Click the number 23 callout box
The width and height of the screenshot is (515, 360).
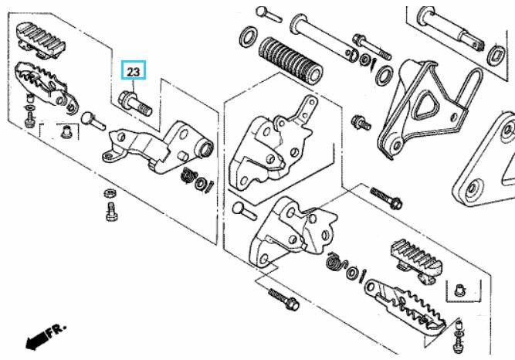coord(133,70)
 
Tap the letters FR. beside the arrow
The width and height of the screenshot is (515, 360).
coord(57,330)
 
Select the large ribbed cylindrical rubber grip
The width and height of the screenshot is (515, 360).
coord(290,62)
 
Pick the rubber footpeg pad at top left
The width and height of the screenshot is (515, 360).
coord(40,40)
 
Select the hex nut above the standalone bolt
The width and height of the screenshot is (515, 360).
coord(110,193)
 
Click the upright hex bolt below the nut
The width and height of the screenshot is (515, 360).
coord(111,212)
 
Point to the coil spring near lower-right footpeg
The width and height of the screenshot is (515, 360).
coord(335,262)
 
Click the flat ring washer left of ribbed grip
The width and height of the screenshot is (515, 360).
coord(249,36)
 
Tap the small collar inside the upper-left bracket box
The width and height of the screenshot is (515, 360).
coord(66,131)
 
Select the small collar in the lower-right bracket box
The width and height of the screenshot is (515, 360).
coord(459,290)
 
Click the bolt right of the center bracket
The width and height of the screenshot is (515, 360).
coord(386,198)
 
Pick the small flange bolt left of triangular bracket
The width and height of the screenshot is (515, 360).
coord(361,123)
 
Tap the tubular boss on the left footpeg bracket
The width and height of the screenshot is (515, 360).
coord(205,148)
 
